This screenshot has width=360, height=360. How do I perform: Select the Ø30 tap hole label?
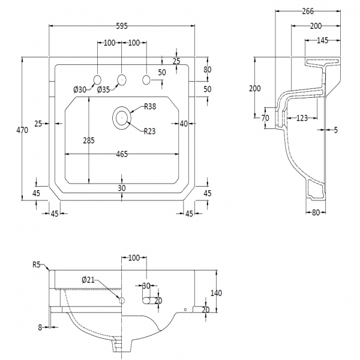pyautogui.click(x=80, y=90)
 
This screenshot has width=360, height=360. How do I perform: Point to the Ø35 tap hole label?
pyautogui.click(x=103, y=90)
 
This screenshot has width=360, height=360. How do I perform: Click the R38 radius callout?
pyautogui.click(x=151, y=107)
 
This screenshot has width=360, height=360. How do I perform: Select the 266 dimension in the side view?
pyautogui.click(x=308, y=10)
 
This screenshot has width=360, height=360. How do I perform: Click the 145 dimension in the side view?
pyautogui.click(x=322, y=40)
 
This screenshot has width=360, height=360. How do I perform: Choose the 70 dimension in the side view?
pyautogui.click(x=265, y=118)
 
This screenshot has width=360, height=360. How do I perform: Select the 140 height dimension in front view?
pyautogui.click(x=217, y=293)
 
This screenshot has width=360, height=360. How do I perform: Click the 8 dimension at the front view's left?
pyautogui.click(x=40, y=327)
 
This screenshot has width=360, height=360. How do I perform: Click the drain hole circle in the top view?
pyautogui.click(x=122, y=117)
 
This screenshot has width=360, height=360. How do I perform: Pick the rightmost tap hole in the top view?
pyautogui.click(x=146, y=79)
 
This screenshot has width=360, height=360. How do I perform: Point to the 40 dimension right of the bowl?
pyautogui.click(x=184, y=123)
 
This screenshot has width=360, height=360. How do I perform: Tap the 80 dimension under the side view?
pyautogui.click(x=317, y=211)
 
